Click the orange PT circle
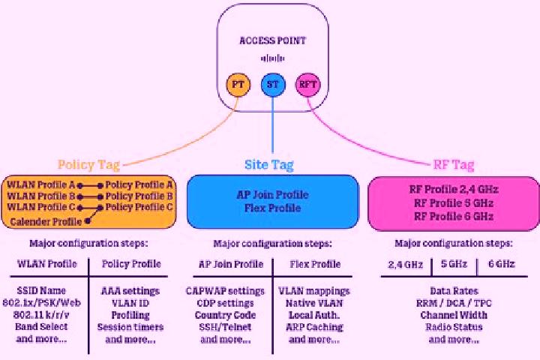[238, 85]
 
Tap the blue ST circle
[273, 85]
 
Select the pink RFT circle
[308, 85]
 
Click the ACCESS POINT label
[272, 40]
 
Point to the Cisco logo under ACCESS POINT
[272, 58]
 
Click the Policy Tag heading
[88, 165]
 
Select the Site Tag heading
[269, 165]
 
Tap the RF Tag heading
[454, 165]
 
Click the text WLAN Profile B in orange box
[41, 196]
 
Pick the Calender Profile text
[46, 221]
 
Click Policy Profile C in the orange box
[139, 207]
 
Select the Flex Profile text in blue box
[273, 208]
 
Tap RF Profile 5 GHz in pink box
[454, 203]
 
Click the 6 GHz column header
[502, 264]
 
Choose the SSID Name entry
[41, 290]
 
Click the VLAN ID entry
[130, 303]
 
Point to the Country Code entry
[225, 315]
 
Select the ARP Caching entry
[314, 327]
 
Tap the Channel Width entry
[454, 315]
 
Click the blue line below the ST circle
[273, 124]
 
